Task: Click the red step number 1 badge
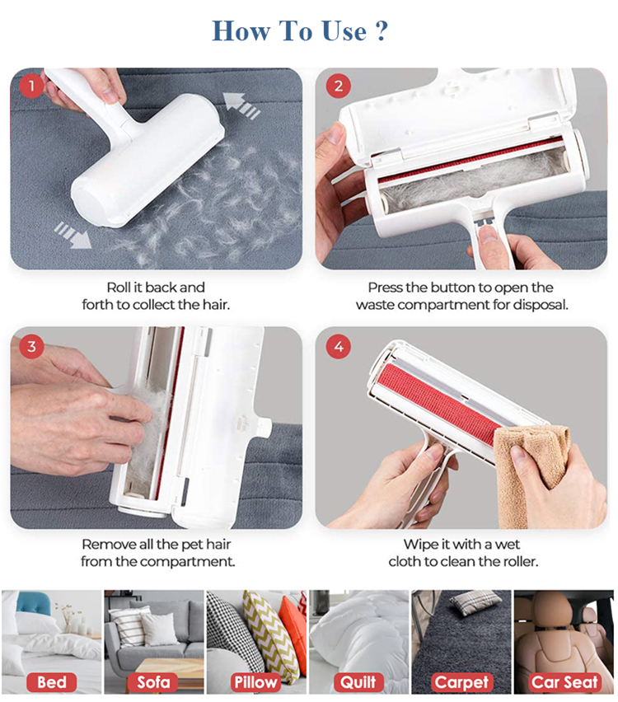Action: [x=31, y=87]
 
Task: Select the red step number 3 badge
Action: [x=31, y=346]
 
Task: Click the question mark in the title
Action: [x=380, y=30]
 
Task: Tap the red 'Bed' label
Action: [x=51, y=682]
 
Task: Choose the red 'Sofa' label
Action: [x=153, y=682]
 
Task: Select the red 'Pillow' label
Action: [x=255, y=682]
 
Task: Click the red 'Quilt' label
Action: [x=358, y=682]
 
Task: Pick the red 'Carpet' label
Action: [x=461, y=682]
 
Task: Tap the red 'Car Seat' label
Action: [x=564, y=682]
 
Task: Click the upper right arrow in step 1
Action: [x=241, y=105]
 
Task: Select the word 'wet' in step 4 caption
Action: [x=508, y=545]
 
